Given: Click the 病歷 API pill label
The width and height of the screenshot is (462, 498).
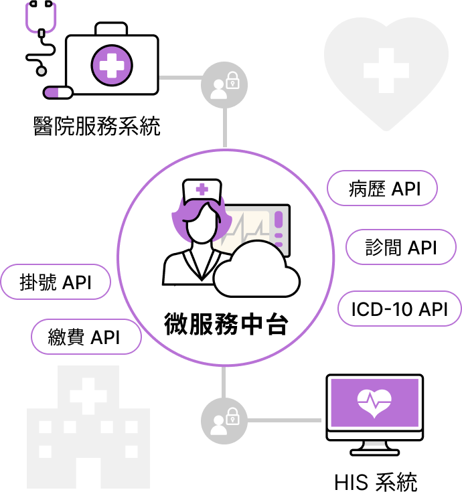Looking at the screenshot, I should point(382,189).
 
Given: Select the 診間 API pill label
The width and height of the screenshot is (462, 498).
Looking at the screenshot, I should point(401,247).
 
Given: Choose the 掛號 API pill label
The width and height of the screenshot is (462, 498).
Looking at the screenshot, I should point(56,282).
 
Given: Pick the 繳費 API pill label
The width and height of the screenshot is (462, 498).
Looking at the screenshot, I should point(86,337).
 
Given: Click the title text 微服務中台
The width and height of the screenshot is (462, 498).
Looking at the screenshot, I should point(226,323).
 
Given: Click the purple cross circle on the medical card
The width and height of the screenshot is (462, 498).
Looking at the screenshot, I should point(112,65).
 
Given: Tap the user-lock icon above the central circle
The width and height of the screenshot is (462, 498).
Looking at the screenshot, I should point(224,85).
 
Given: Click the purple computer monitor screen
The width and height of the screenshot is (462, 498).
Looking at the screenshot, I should point(374,404).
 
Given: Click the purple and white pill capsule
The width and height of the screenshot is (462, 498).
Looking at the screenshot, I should point(58,92).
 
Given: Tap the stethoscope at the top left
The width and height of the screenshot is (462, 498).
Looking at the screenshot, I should point(41,17).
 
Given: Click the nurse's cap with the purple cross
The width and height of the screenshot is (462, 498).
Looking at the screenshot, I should point(202,190).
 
